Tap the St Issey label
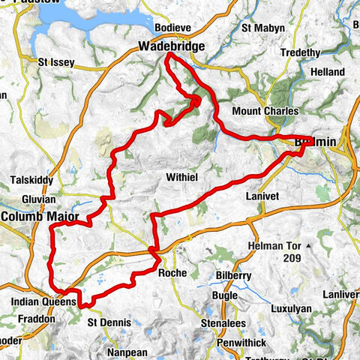[56, 62]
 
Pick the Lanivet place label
[262, 196]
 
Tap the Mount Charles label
[259, 111]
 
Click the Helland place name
[328, 71]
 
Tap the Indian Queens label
[44, 301]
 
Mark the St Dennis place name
[109, 322]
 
